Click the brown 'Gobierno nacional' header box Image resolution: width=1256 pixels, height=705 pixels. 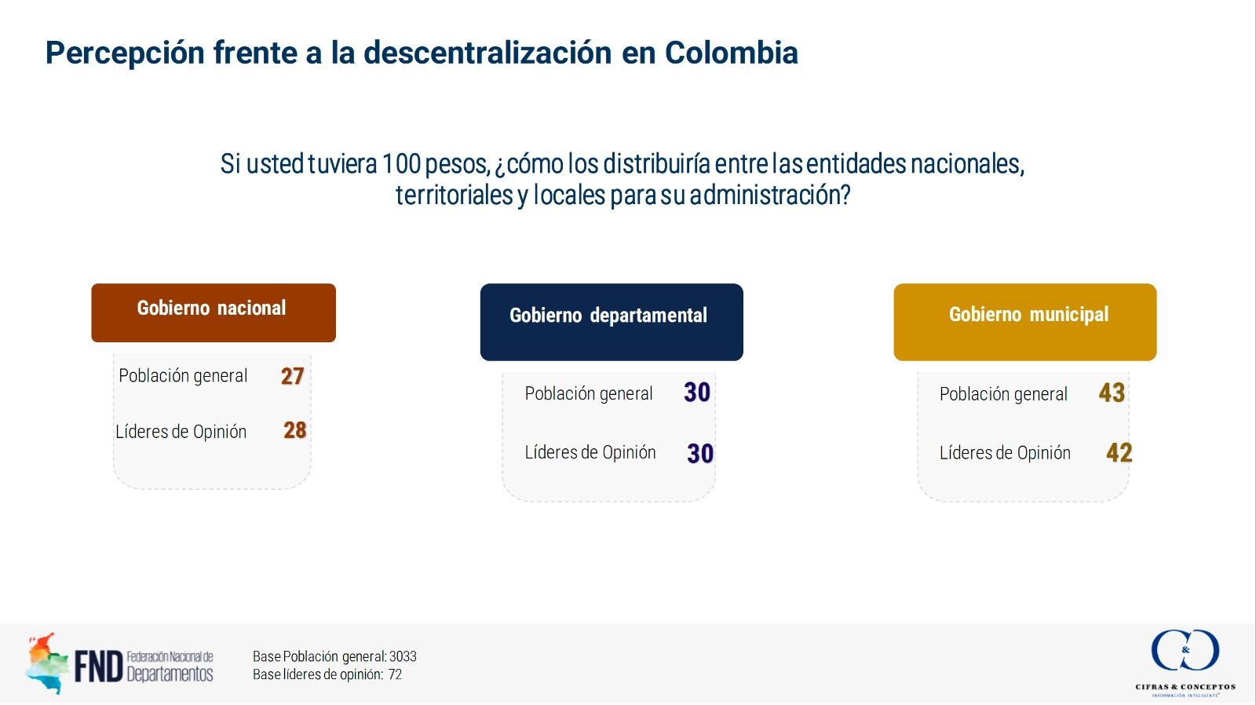pyautogui.click(x=213, y=312)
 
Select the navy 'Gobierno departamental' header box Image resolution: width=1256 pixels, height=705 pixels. pyautogui.click(x=611, y=322)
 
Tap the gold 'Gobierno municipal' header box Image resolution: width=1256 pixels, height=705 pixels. pyautogui.click(x=1024, y=322)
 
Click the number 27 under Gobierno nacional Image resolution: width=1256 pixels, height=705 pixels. pyautogui.click(x=292, y=376)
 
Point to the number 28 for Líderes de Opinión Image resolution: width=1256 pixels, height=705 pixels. pyautogui.click(x=294, y=430)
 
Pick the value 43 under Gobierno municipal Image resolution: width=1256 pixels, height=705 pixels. pyautogui.click(x=1112, y=393)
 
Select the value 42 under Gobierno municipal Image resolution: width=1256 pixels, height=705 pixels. pyautogui.click(x=1119, y=452)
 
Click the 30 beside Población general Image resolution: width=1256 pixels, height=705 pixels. pyautogui.click(x=696, y=393)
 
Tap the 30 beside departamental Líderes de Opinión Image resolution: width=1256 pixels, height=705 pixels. pyautogui.click(x=699, y=453)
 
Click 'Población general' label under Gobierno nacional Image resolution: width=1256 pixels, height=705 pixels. pyautogui.click(x=183, y=376)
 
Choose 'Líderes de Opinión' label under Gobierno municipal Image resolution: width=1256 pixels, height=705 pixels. pyautogui.click(x=1005, y=453)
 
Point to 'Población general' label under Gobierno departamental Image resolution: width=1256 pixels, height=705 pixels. pyautogui.click(x=588, y=393)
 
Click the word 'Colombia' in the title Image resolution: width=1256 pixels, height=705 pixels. pyautogui.click(x=731, y=53)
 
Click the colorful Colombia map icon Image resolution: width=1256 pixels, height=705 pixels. pyautogui.click(x=45, y=663)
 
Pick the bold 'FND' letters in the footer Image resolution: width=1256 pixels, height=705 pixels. pyautogui.click(x=99, y=667)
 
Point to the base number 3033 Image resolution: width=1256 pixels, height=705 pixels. pyautogui.click(x=403, y=656)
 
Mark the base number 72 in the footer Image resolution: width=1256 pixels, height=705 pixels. pyautogui.click(x=395, y=674)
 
